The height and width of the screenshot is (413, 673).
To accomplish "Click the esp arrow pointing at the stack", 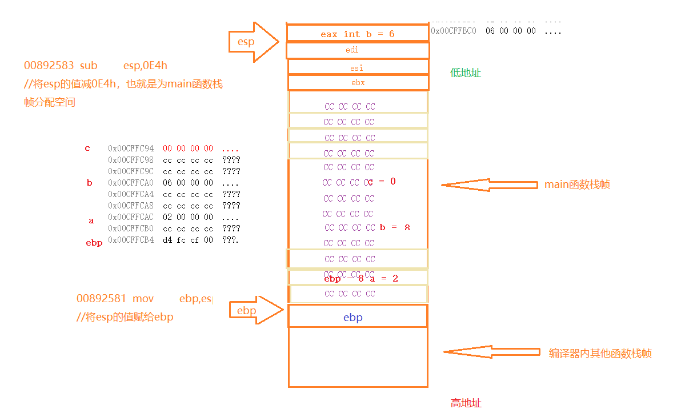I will pyautogui.click(x=254, y=42).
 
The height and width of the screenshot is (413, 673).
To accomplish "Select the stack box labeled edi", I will pyautogui.click(x=358, y=50).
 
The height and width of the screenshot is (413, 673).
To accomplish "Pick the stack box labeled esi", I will pyautogui.click(x=358, y=67).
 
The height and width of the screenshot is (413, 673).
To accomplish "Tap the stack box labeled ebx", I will pyautogui.click(x=358, y=83).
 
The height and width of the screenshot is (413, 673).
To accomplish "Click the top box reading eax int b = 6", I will pyautogui.click(x=358, y=34).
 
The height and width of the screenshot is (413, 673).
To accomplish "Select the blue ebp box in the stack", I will pyautogui.click(x=358, y=317).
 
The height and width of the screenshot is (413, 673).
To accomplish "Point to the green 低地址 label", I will pyautogui.click(x=466, y=73).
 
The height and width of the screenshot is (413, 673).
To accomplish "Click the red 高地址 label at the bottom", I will pyautogui.click(x=466, y=403).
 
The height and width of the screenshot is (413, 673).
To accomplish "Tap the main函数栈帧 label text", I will pyautogui.click(x=576, y=185).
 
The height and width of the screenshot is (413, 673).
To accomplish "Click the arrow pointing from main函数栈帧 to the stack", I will pyautogui.click(x=488, y=185).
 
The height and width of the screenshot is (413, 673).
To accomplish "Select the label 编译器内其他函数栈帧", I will pyautogui.click(x=600, y=353).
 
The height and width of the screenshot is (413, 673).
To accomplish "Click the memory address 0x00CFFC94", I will pyautogui.click(x=131, y=149).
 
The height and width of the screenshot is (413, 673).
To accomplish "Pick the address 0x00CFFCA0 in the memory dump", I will pyautogui.click(x=131, y=183).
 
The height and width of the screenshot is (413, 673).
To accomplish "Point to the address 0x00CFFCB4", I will pyautogui.click(x=131, y=240).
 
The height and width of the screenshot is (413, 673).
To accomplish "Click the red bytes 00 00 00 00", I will pyautogui.click(x=187, y=149).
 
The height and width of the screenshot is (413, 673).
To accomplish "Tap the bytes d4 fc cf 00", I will pyautogui.click(x=187, y=240).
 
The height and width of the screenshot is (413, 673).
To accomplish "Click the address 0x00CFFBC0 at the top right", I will pyautogui.click(x=454, y=31).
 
